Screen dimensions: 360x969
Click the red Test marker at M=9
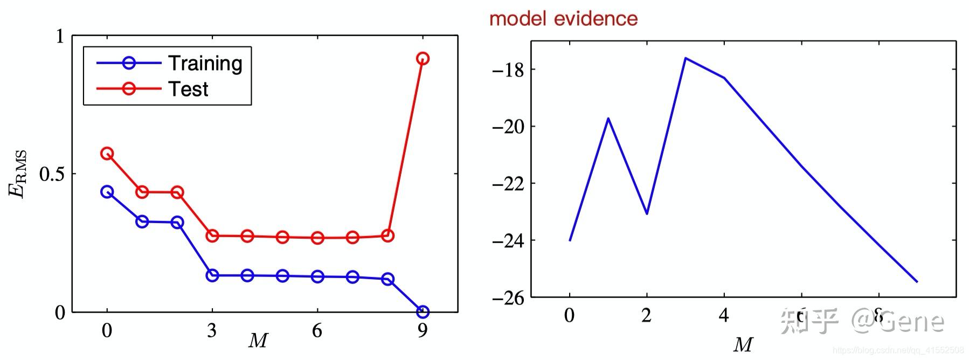pos(423,58)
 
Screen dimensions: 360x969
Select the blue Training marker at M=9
pos(423,311)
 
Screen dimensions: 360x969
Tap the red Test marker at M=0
pos(107,154)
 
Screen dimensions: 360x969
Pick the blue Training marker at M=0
pos(107,192)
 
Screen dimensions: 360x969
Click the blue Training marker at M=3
pos(212,275)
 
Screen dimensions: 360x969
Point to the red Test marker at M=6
pos(317,238)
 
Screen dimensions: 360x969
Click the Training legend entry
pos(205,64)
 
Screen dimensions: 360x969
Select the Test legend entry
pos(188,89)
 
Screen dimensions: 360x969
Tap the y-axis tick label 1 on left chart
pos(60,36)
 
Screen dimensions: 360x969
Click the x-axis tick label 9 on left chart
pos(423,330)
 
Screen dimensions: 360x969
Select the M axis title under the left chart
pos(258,341)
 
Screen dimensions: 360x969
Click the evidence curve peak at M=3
pos(685,58)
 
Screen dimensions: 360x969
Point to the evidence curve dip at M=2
pos(647,213)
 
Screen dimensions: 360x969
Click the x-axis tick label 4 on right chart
pos(724,315)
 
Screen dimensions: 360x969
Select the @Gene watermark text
pos(897,321)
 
